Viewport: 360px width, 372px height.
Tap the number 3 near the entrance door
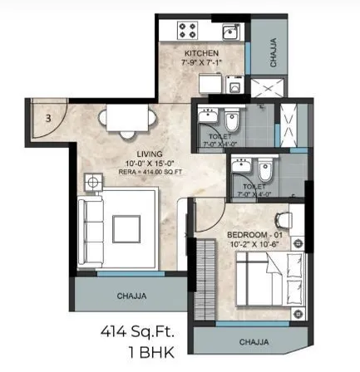[x=49, y=118]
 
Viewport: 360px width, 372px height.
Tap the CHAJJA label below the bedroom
[x=256, y=340]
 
